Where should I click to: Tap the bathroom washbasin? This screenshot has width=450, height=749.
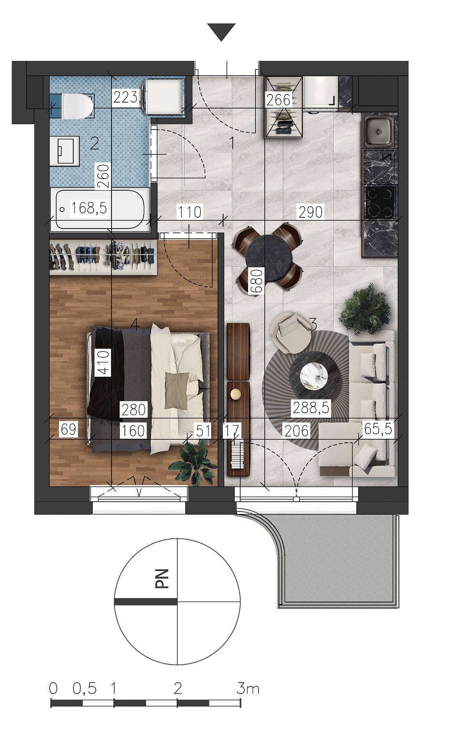click(65, 151)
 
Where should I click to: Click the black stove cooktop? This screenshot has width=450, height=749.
click(380, 202)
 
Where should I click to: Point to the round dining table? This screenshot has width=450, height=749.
click(269, 256)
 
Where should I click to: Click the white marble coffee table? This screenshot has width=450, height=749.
click(314, 375)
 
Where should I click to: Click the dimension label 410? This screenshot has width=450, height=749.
click(103, 362)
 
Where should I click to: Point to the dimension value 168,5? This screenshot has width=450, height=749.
click(89, 208)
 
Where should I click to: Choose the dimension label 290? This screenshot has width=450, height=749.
click(311, 212)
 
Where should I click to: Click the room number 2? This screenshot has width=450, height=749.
click(94, 144)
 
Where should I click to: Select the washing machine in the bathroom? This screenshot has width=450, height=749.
click(164, 96)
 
